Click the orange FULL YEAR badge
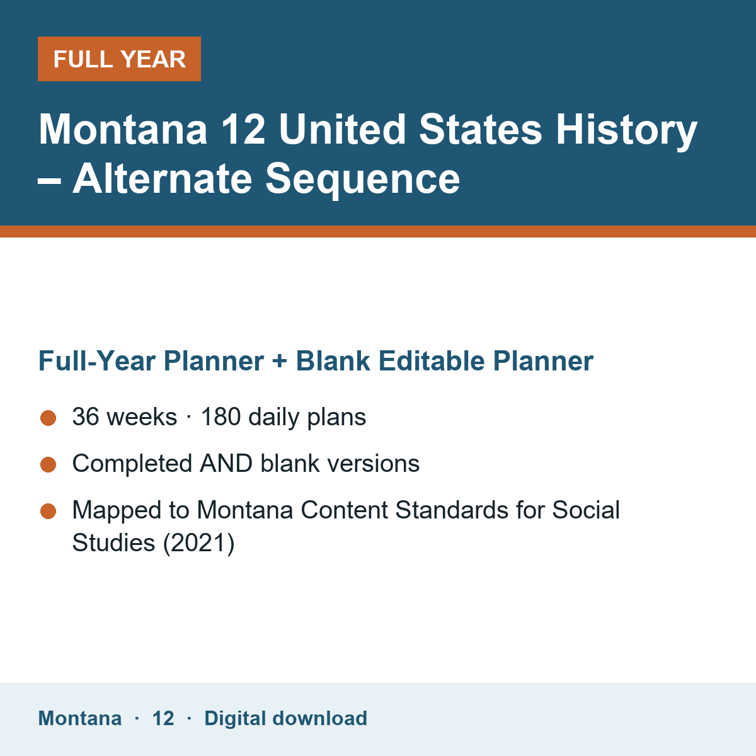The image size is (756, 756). pyautogui.click(x=119, y=59)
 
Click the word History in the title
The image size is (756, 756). pyautogui.click(x=626, y=130)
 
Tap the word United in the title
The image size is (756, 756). pyautogui.click(x=342, y=129)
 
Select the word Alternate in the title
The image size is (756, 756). pyautogui.click(x=162, y=178)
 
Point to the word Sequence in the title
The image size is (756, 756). pyautogui.click(x=362, y=180)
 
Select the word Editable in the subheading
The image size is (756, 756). pyautogui.click(x=432, y=360)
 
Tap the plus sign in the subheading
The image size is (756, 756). pyautogui.click(x=279, y=362)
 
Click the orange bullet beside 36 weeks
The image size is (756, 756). pyautogui.click(x=49, y=418)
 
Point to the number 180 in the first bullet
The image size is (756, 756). pyautogui.click(x=221, y=416)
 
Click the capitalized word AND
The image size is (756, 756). pyautogui.click(x=226, y=463)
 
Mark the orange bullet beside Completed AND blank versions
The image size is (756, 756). pyautogui.click(x=49, y=465)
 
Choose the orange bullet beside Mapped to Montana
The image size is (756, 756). pyautogui.click(x=49, y=511)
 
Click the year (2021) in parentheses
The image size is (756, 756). pyautogui.click(x=198, y=543)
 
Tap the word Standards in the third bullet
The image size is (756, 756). pyautogui.click(x=451, y=510)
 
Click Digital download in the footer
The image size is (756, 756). pyautogui.click(x=285, y=718)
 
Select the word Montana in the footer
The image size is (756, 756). pyautogui.click(x=79, y=718)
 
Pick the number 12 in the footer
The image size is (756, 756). pyautogui.click(x=163, y=718)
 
